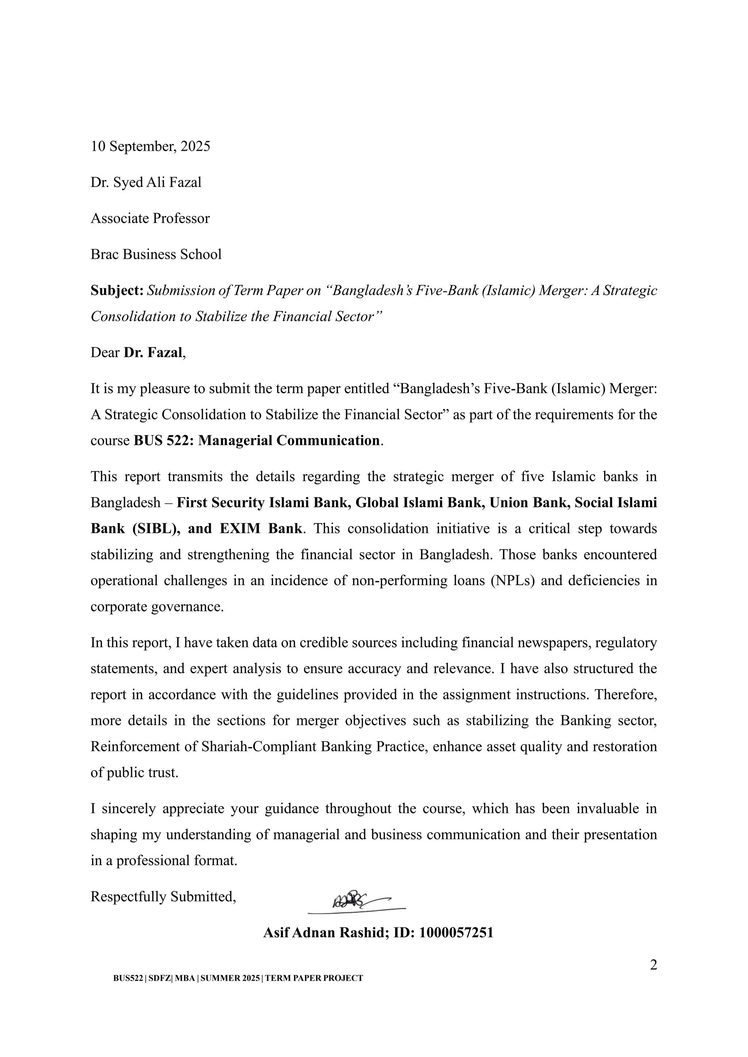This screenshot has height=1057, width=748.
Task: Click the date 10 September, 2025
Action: pos(150,146)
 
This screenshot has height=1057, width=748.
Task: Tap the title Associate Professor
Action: pos(150,218)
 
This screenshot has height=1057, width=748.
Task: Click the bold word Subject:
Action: pos(117,291)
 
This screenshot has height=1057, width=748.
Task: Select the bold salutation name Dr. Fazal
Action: pos(153,353)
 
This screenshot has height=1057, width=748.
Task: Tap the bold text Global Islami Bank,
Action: pos(420,502)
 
